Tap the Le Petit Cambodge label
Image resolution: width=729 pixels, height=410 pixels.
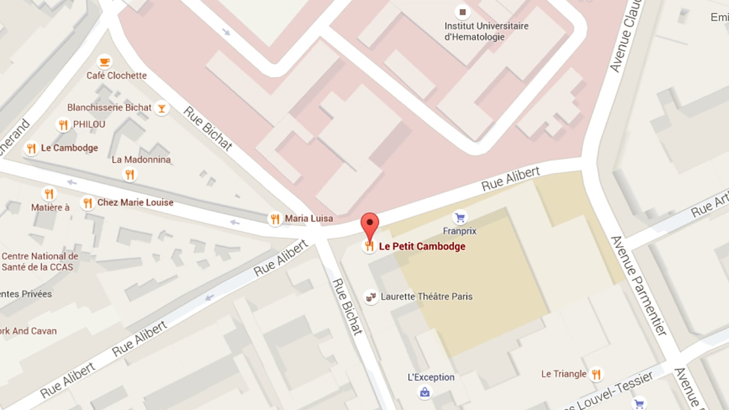coord(422,246)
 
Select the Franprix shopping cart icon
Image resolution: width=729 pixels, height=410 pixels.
coord(460,218)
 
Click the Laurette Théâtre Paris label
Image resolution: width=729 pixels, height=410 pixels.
coord(426,297)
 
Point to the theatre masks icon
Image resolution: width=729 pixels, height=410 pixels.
coord(371,297)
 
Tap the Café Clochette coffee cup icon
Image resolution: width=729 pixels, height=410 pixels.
coord(105,61)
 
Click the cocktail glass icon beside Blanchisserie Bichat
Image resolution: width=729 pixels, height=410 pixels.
coord(161,108)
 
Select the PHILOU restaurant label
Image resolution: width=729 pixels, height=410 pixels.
coord(89,124)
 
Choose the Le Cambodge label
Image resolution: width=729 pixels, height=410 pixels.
coord(69,148)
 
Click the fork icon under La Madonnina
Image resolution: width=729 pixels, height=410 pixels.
coord(130,174)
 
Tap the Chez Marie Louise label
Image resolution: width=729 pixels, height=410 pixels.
coord(135,203)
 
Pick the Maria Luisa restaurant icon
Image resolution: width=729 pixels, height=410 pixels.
coord(275,219)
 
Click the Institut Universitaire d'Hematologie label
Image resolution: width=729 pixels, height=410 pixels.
coord(486,31)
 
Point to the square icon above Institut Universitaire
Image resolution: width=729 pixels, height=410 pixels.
coord(462,12)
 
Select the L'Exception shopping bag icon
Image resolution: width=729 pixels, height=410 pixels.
coord(425,392)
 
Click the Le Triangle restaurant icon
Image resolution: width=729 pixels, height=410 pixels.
coord(596,374)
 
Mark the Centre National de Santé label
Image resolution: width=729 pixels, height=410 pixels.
coord(40,261)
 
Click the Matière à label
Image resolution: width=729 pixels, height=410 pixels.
coord(50,208)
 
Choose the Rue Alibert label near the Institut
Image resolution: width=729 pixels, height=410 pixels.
coord(510,179)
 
